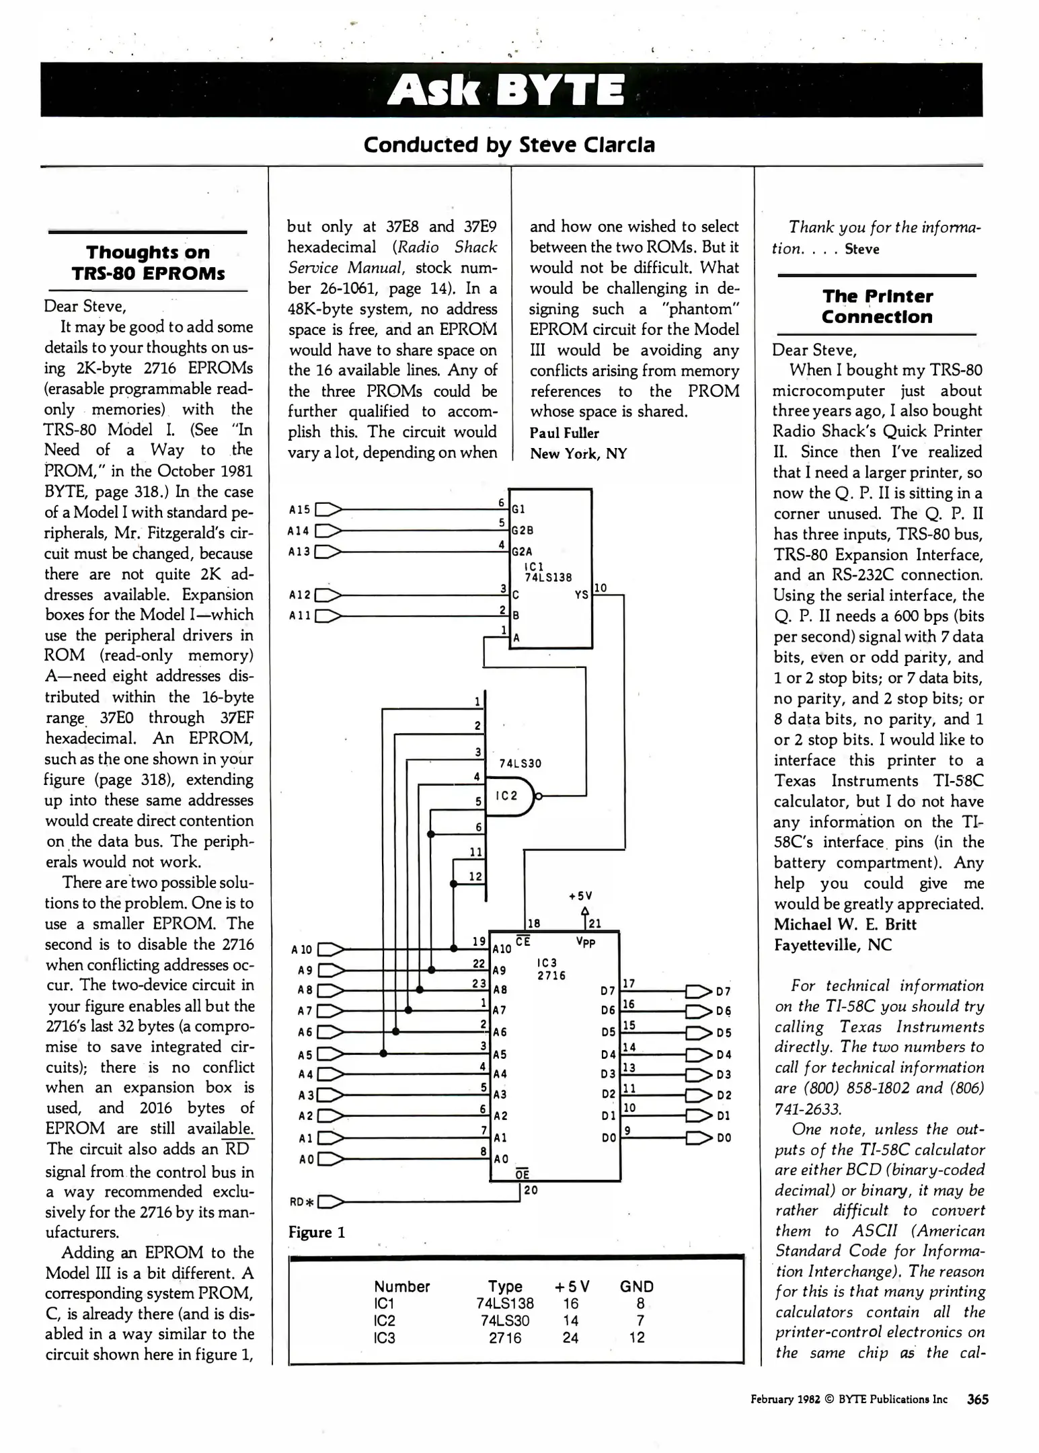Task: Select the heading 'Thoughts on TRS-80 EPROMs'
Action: pyautogui.click(x=148, y=263)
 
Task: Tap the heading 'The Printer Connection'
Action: pyautogui.click(x=877, y=307)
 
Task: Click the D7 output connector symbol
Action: pyautogui.click(x=698, y=991)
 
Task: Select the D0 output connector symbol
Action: pyautogui.click(x=698, y=1138)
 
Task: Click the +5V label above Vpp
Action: pyautogui.click(x=580, y=896)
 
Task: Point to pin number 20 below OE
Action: pyautogui.click(x=531, y=1191)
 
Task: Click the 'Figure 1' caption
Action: pyautogui.click(x=316, y=1232)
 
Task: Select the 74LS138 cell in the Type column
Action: pyautogui.click(x=504, y=1304)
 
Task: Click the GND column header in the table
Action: pyautogui.click(x=636, y=1286)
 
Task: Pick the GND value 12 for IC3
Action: pyautogui.click(x=637, y=1337)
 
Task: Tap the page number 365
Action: pyautogui.click(x=977, y=1399)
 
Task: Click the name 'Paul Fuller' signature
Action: pyautogui.click(x=564, y=433)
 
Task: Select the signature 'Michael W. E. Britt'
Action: pyautogui.click(x=845, y=924)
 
